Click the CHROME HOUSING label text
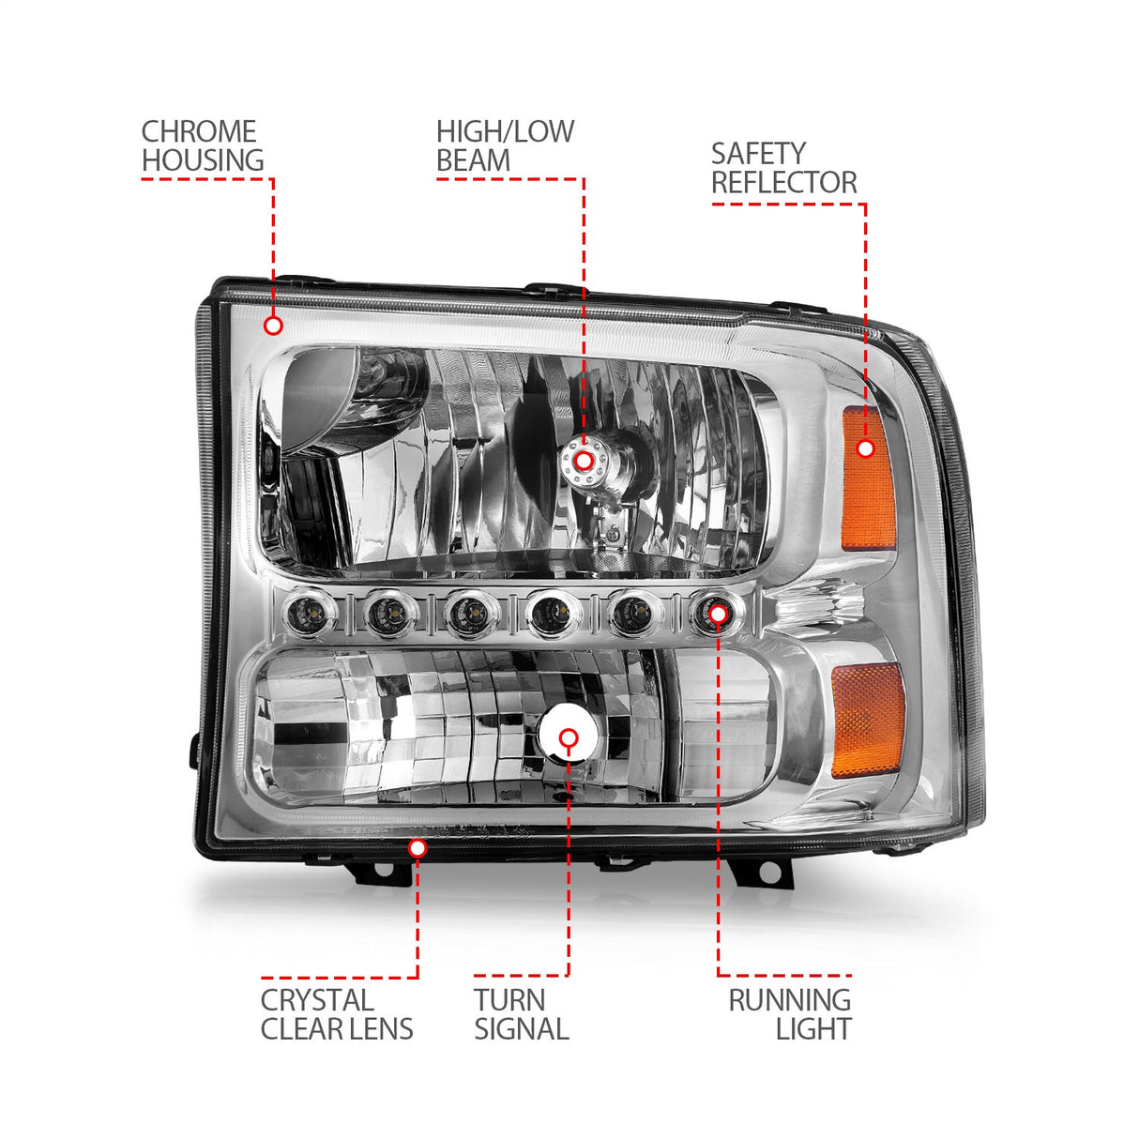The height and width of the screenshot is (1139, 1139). [202, 146]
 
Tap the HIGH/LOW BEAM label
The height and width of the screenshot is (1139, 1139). [505, 146]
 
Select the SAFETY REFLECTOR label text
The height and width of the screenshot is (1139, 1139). [783, 168]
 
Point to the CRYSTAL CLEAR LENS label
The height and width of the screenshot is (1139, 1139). [336, 1014]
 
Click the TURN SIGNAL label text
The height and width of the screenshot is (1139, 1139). [521, 1014]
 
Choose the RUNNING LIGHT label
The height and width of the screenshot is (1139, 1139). [790, 1014]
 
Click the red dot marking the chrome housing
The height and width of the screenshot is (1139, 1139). [273, 326]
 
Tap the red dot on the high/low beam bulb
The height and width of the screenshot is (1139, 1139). [584, 461]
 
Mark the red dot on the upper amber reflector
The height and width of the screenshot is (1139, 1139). [865, 448]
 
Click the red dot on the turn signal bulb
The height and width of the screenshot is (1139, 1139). [569, 737]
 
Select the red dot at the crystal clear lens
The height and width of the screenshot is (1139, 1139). [418, 848]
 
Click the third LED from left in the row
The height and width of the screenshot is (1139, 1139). [465, 615]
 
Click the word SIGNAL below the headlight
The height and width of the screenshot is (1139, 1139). [521, 1029]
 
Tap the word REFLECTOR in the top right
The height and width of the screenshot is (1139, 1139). [783, 183]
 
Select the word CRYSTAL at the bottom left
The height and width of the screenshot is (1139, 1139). [317, 1000]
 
